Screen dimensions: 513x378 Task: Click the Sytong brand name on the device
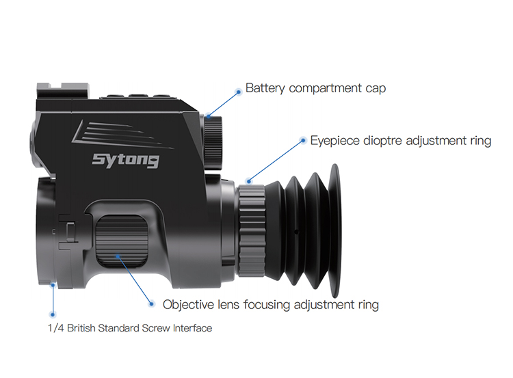pos(126,160)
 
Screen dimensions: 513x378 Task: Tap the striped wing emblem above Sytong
pos(122,134)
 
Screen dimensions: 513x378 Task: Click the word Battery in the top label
pos(265,88)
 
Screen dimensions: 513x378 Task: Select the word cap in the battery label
pos(376,89)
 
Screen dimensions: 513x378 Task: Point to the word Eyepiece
pos(335,141)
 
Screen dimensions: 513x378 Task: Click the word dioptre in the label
pos(383,141)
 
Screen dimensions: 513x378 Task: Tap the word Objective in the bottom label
pos(189,305)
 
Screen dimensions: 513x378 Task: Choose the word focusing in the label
pos(267,305)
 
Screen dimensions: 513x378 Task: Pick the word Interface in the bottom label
pos(192,328)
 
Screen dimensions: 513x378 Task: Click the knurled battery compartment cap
pos(213,143)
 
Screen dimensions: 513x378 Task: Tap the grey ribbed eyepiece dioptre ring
pos(251,231)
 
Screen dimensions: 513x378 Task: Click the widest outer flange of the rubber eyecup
pos(334,231)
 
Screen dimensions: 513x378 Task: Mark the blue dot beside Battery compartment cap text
pos(239,92)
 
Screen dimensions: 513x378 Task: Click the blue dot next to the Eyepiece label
pos(303,141)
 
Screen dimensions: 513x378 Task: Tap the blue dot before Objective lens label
pos(151,303)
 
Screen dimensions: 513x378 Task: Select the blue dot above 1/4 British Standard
pos(53,314)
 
